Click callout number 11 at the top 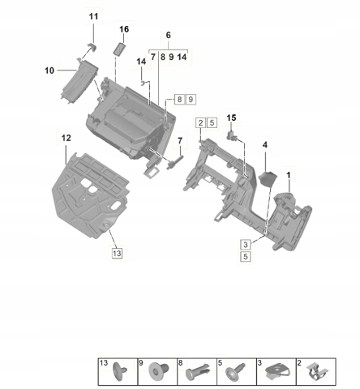tap(93, 16)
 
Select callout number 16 tap(124, 29)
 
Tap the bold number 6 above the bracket tap(169, 35)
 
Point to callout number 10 tap(49, 71)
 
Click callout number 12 tap(66, 138)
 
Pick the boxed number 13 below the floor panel tap(117, 254)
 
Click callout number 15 tap(231, 118)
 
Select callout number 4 tap(265, 145)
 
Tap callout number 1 tap(289, 175)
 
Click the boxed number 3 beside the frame tap(246, 245)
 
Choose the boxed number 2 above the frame tap(200, 123)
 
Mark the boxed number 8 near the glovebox tap(179, 100)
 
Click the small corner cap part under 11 tap(92, 46)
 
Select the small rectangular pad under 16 tap(119, 49)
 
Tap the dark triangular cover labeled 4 tap(268, 179)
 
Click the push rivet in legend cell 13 tap(120, 371)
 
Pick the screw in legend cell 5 tap(235, 371)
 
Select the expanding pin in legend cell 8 tap(198, 371)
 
